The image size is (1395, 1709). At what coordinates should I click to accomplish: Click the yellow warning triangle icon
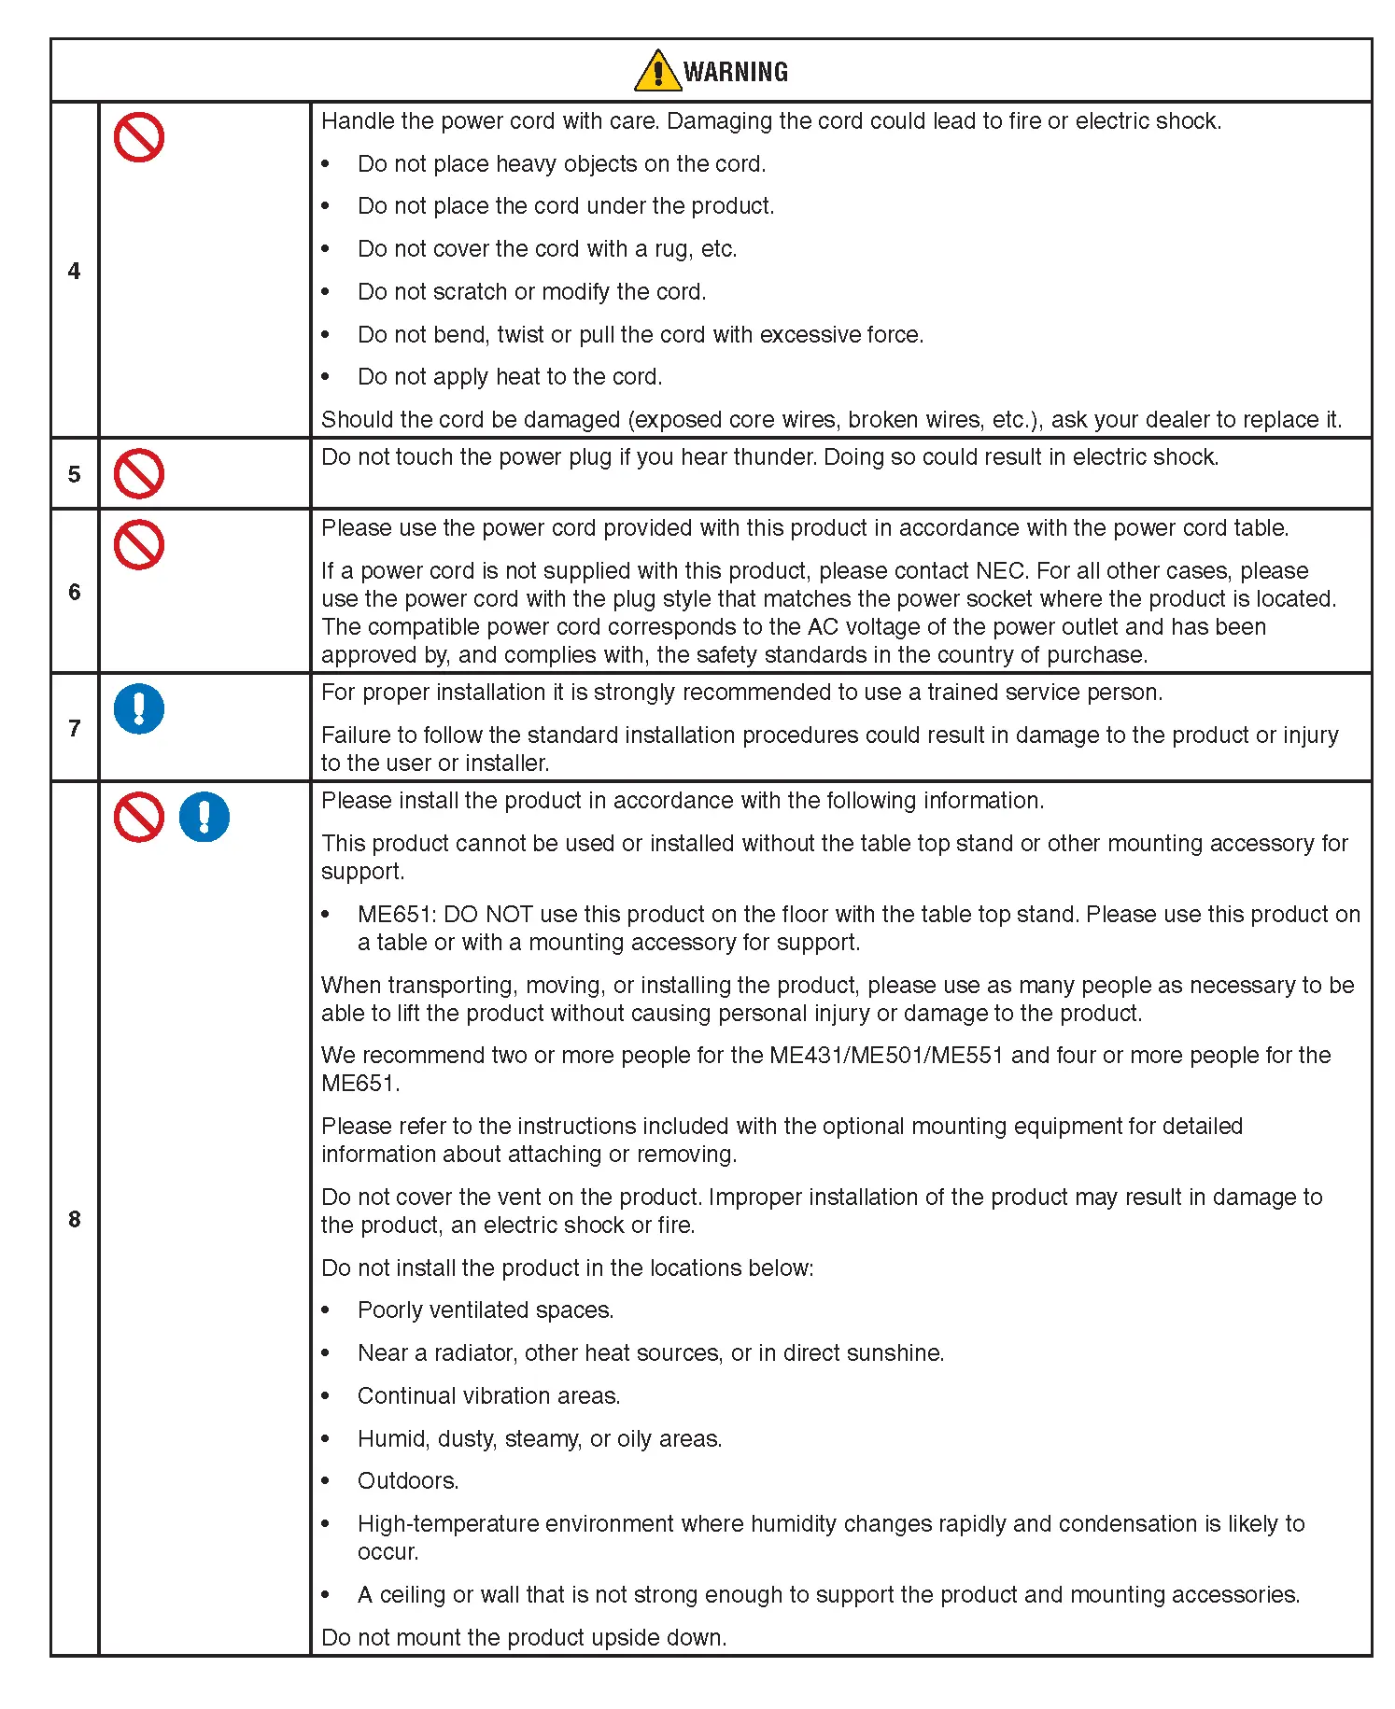point(657,71)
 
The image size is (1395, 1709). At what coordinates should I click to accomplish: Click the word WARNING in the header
point(736,72)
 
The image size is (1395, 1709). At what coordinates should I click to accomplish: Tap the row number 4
point(74,271)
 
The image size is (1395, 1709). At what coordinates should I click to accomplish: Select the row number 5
point(74,474)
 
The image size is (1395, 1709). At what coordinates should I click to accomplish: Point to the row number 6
point(74,592)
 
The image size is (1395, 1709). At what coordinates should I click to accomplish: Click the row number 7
point(74,728)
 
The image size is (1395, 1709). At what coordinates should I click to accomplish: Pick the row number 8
point(74,1219)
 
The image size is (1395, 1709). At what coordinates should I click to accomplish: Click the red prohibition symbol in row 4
point(139,138)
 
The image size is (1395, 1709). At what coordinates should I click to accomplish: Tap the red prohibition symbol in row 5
point(139,474)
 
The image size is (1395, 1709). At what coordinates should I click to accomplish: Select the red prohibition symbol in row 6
point(139,545)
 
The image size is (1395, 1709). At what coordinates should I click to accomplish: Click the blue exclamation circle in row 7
point(139,709)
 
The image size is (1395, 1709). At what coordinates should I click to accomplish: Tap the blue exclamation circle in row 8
point(204,818)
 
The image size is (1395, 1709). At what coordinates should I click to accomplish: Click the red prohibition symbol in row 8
point(139,818)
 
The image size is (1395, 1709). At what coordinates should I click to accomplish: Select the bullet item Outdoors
point(408,1481)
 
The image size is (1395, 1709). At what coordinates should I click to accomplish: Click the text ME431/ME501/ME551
point(886,1056)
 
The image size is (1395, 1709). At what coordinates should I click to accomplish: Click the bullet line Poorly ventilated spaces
point(485,1310)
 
